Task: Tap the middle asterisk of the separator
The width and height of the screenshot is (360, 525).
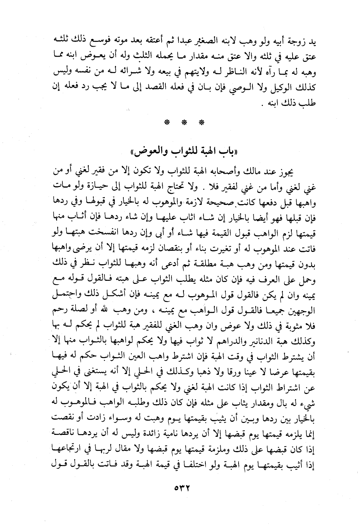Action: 183,123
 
